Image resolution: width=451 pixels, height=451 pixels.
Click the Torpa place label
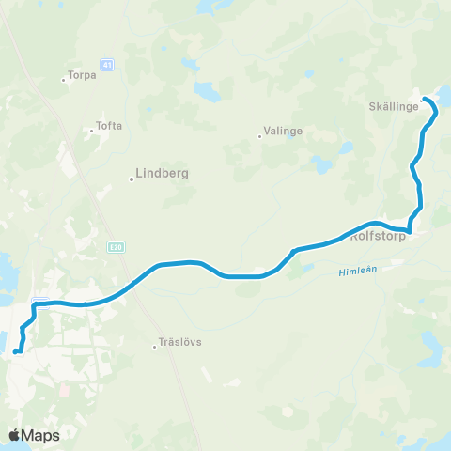(83, 77)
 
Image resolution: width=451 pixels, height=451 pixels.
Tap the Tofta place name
(109, 126)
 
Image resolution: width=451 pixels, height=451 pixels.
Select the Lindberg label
(163, 174)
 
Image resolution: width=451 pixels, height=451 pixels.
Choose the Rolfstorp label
(376, 238)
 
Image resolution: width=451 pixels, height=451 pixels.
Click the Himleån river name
(354, 272)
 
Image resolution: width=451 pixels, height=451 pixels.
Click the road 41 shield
(108, 64)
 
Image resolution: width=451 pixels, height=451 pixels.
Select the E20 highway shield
(115, 247)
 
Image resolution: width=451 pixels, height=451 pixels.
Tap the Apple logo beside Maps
(16, 435)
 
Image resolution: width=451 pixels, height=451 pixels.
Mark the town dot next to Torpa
(63, 80)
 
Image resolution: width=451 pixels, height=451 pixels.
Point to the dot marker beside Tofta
(90, 131)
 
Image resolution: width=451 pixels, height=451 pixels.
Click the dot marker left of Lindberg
(131, 179)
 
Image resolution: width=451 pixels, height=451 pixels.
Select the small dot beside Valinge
(259, 137)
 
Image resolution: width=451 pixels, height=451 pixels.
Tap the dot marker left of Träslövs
(156, 347)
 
